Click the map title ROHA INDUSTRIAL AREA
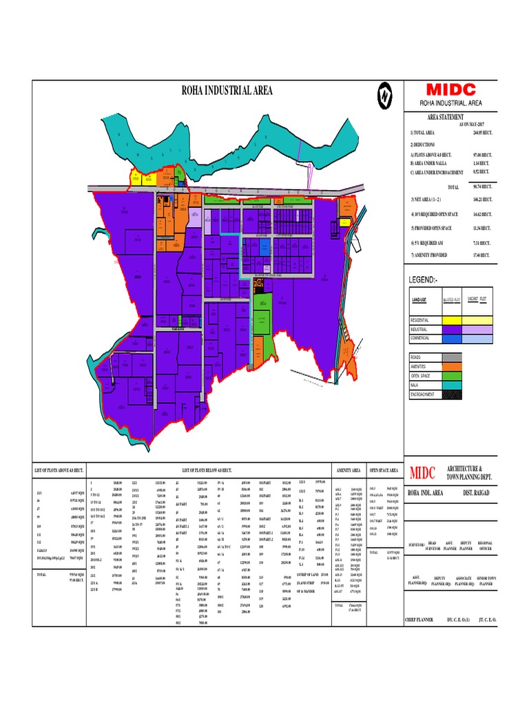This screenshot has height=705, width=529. (x=227, y=90)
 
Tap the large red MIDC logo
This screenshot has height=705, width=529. (x=450, y=90)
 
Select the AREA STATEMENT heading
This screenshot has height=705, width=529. (x=445, y=118)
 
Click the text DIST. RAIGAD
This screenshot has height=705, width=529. (x=477, y=492)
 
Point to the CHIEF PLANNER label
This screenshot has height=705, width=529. (x=420, y=620)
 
